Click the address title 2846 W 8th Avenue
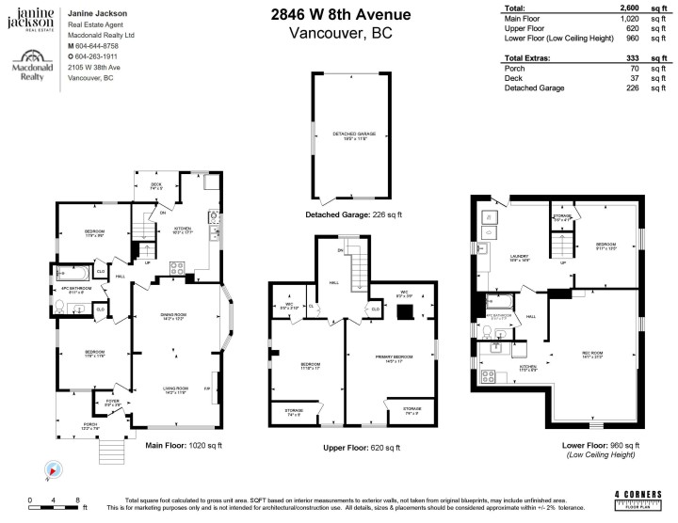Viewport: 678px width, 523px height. pyautogui.click(x=342, y=14)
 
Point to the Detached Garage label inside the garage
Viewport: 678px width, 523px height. pyautogui.click(x=353, y=135)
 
